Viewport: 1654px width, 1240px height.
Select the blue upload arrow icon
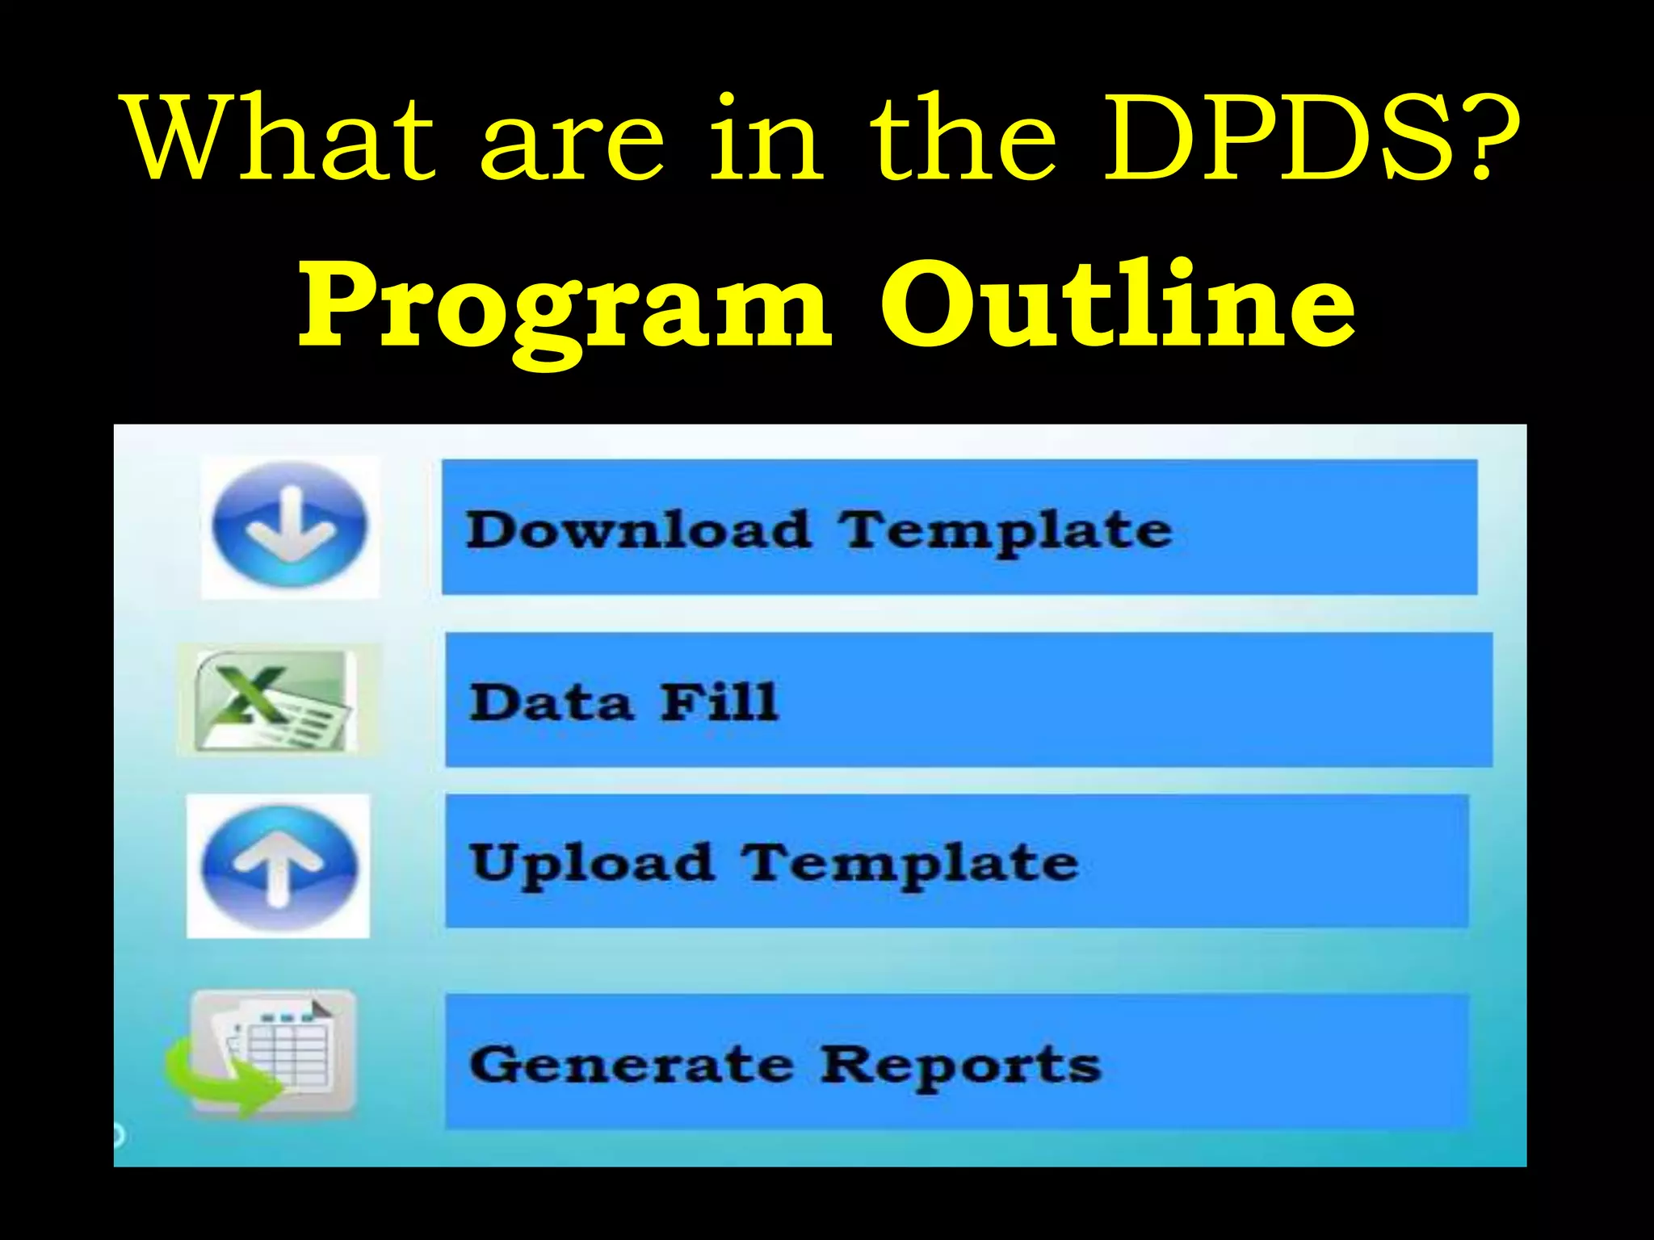(x=279, y=865)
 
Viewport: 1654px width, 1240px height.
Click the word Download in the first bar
(x=638, y=530)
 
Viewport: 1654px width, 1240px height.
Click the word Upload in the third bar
(x=592, y=864)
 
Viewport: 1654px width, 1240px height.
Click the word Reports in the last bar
(x=960, y=1066)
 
